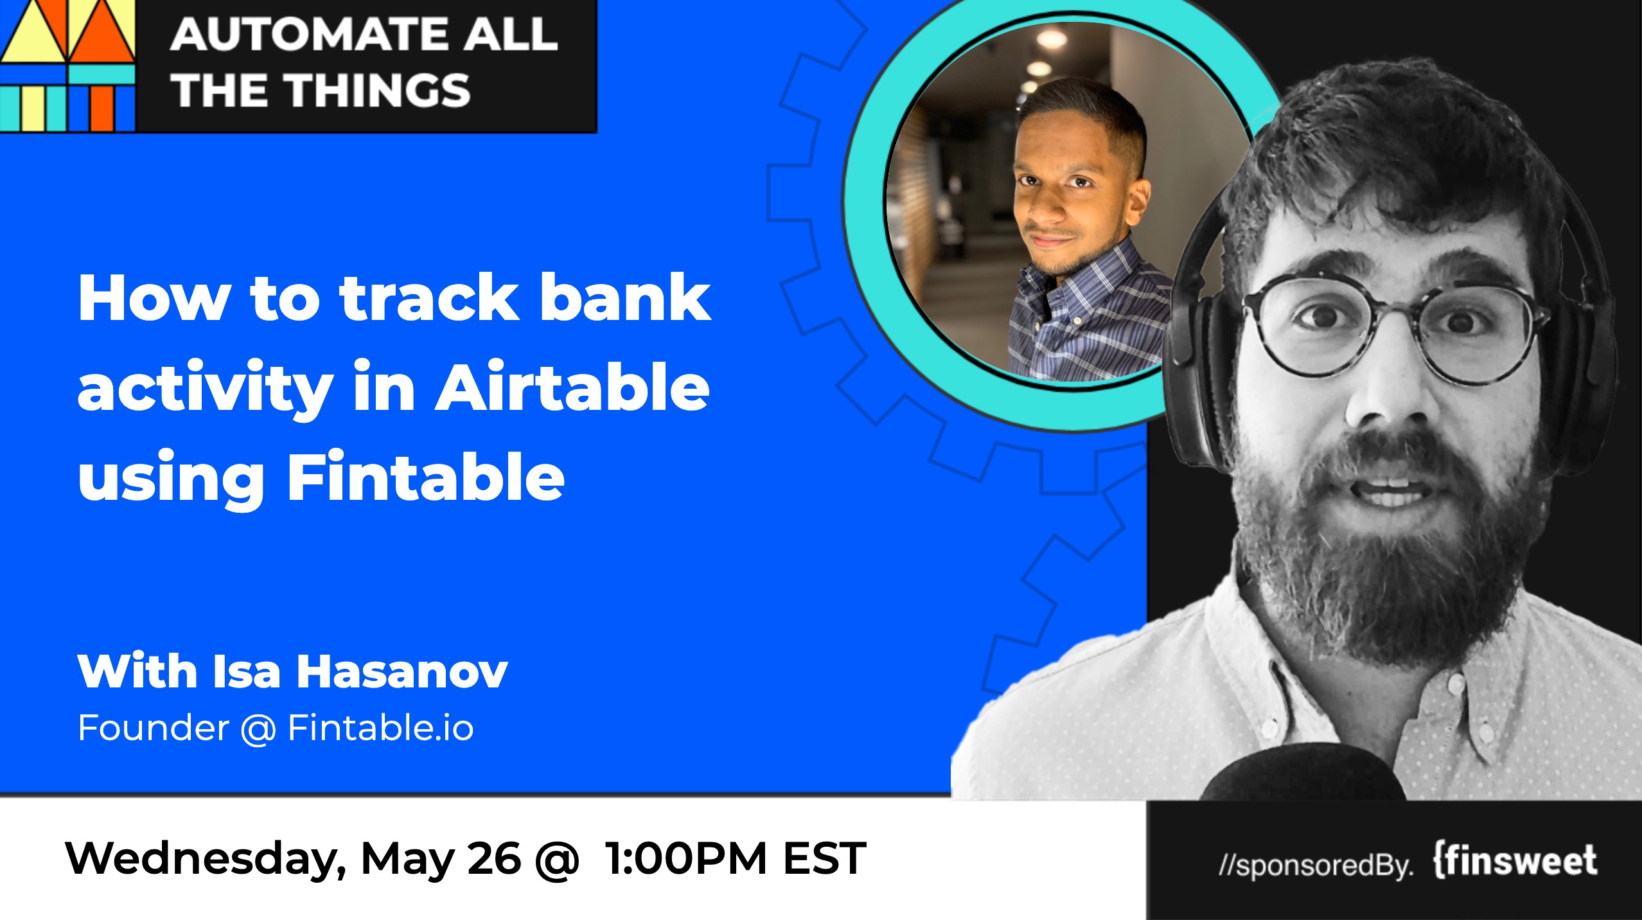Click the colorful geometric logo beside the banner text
click(67, 65)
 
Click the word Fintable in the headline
click(425, 477)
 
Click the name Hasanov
click(402, 671)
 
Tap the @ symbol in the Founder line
click(258, 729)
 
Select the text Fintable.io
click(381, 728)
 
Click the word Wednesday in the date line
click(206, 859)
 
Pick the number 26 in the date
click(494, 858)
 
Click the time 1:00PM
click(686, 858)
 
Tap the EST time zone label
click(824, 858)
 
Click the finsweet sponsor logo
click(1515, 862)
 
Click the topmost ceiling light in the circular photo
click(1051, 39)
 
